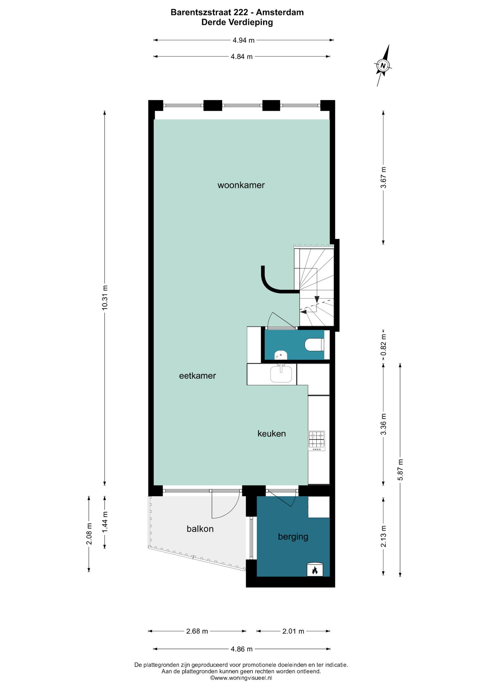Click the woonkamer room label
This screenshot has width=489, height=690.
coord(241,185)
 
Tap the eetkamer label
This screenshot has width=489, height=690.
coord(197,376)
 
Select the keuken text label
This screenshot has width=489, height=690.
coord(272,433)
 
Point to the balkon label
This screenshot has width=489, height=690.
coord(200,529)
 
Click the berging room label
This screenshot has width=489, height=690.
coord(293,536)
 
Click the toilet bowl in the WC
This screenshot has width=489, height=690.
coord(315,345)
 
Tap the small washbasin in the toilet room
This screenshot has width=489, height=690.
coord(281,354)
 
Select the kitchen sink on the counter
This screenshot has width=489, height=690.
coord(281,374)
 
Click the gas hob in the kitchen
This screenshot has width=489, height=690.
coord(317,441)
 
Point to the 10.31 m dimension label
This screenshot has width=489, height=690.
coord(105,297)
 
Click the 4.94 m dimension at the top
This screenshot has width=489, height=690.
coord(244,40)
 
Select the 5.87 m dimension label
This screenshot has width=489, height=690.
coord(400,470)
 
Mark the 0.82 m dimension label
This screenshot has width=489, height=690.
coord(383,344)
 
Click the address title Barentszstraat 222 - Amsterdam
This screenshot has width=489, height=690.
coord(237,12)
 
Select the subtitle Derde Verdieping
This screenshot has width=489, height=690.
coord(237,23)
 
